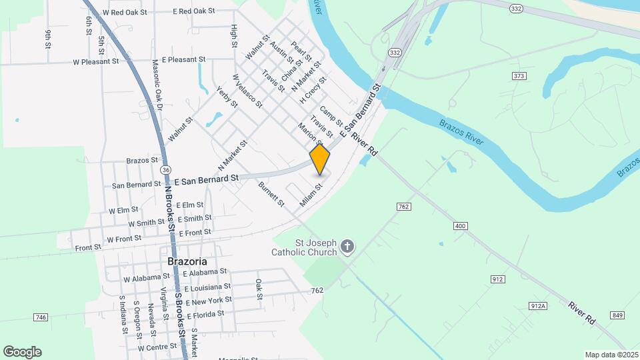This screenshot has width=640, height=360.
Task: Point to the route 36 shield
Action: [x=165, y=170]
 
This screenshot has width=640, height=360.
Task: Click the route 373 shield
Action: [x=519, y=76]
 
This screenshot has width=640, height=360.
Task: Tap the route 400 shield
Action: [x=460, y=227]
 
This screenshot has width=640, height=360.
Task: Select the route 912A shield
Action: [x=538, y=305]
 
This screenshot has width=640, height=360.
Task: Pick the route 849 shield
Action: [x=617, y=315]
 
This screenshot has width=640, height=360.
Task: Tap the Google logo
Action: [x=22, y=352]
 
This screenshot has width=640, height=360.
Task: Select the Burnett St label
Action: [x=271, y=193]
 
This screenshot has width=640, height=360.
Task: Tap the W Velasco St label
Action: [x=247, y=92]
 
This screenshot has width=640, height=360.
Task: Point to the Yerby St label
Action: [x=227, y=97]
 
